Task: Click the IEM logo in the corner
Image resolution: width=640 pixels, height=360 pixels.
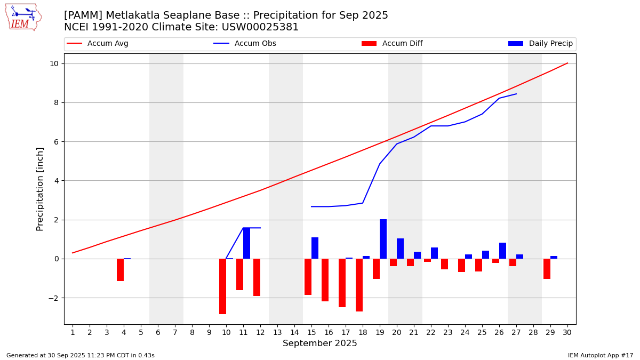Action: pos(23,17)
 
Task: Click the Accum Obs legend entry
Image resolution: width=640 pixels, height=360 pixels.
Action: pos(245,44)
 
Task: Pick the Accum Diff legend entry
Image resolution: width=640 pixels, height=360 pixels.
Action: pos(392,44)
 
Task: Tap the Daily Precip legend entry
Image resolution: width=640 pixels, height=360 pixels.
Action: pos(541,44)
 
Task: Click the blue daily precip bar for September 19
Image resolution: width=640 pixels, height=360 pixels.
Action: pos(383,239)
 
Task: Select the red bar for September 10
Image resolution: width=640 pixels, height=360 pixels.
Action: pos(222,286)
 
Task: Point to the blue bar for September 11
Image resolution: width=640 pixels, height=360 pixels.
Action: pos(246,243)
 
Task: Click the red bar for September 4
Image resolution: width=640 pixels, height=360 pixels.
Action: pos(120,270)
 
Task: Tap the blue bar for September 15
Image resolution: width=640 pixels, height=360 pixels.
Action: pos(315,248)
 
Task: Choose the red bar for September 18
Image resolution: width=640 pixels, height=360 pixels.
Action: pos(359,285)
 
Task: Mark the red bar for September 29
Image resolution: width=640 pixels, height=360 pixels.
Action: pos(547,269)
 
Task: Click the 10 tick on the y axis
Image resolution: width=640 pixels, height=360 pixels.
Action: pos(54,63)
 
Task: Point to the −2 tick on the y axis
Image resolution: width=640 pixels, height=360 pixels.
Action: pos(52,298)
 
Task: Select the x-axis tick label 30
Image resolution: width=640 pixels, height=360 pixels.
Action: pos(567,332)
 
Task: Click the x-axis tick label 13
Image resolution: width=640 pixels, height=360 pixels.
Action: pos(277,332)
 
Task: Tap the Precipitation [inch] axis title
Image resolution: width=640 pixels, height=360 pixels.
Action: pos(40,189)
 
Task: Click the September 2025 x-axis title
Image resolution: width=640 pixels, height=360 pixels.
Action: pos(320,343)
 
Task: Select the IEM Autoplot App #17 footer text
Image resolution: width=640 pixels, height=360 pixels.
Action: pos(601,355)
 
